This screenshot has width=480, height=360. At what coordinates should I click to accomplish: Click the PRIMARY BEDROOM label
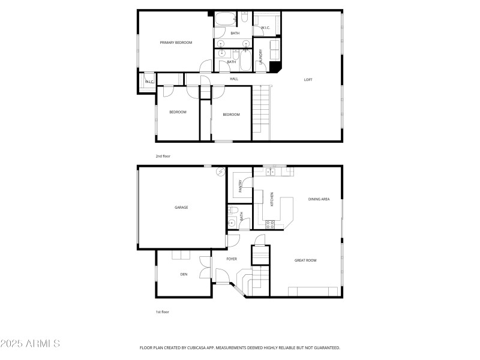(175, 43)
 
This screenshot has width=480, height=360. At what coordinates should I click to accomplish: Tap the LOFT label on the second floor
(308, 79)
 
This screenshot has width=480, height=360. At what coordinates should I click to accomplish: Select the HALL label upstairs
(233, 79)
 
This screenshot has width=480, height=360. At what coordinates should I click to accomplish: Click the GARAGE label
(181, 208)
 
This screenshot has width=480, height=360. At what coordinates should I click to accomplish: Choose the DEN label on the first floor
(184, 274)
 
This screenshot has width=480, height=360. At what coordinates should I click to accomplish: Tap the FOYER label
(232, 259)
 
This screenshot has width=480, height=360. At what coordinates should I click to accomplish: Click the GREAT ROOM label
(305, 260)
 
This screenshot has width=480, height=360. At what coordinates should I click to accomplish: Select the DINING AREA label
(319, 199)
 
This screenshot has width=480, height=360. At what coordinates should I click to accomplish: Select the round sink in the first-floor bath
(231, 224)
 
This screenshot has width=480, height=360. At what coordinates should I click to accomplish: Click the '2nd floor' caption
(163, 156)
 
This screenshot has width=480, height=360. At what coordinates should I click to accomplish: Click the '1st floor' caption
(163, 312)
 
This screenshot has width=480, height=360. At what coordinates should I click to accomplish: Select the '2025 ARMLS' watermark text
(30, 344)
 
